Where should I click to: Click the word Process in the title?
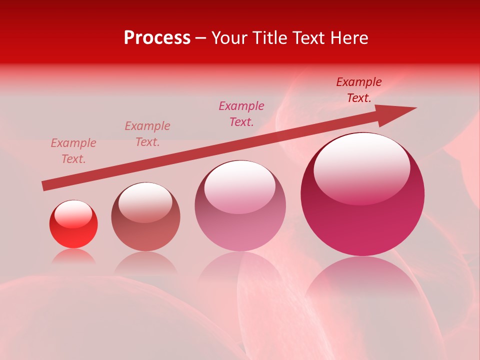click(x=157, y=38)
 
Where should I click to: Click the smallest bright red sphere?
click(x=73, y=230)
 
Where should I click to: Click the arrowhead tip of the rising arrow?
click(x=415, y=108)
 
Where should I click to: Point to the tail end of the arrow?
click(x=44, y=186)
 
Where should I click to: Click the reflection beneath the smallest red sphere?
click(x=73, y=256)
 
